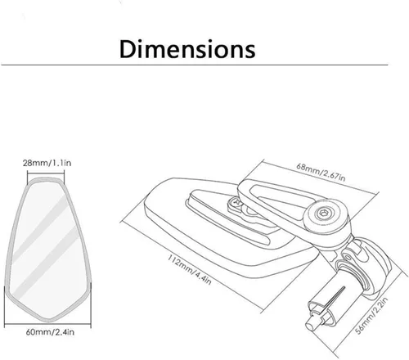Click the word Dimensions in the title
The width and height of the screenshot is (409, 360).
pyautogui.click(x=187, y=49)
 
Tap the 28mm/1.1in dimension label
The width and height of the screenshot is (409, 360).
pyautogui.click(x=47, y=163)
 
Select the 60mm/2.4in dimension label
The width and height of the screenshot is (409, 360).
pyautogui.click(x=50, y=332)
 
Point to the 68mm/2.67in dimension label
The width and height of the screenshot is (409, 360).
pyautogui.click(x=321, y=172)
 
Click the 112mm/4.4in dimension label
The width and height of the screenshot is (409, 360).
pyautogui.click(x=190, y=269)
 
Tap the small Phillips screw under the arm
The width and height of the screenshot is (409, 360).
pyautogui.click(x=235, y=203)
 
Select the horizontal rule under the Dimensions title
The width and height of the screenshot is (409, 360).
pyautogui.click(x=195, y=65)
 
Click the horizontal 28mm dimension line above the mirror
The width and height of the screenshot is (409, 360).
pyautogui.click(x=46, y=172)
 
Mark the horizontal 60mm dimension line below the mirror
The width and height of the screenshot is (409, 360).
pyautogui.click(x=47, y=325)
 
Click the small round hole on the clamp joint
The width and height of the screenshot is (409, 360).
pyautogui.click(x=348, y=257)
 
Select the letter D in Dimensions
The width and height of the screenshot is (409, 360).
pyautogui.click(x=128, y=49)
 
